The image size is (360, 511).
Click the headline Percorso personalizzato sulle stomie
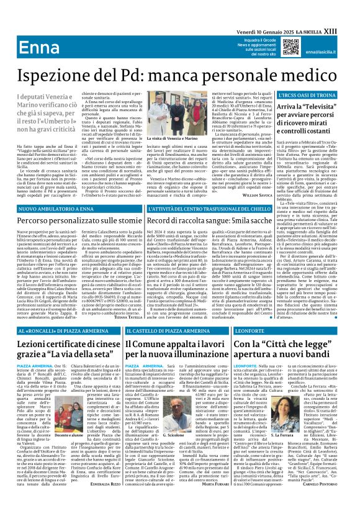[83, 219]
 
